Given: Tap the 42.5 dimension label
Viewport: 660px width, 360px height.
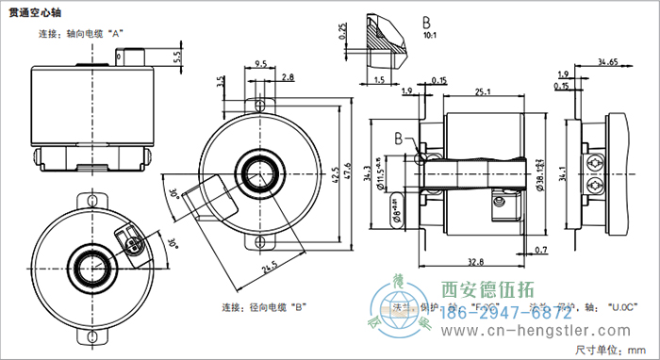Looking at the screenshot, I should pos(332,172).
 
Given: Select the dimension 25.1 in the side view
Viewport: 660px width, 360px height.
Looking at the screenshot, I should pos(484,91).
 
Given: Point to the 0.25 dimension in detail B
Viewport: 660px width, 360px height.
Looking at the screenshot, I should pos(342,33).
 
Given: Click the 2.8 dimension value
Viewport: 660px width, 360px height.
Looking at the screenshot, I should pos(287,76).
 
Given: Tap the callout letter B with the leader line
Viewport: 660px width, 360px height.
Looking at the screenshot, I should pos(399,138).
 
